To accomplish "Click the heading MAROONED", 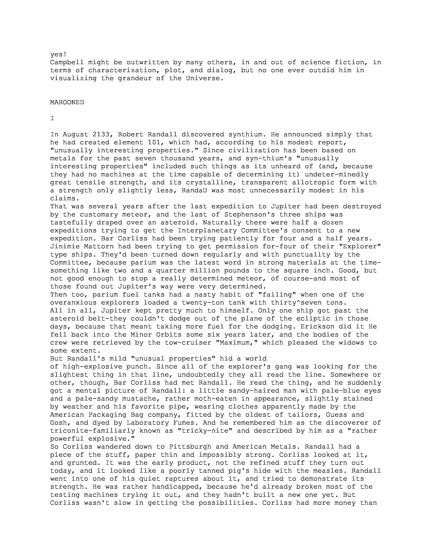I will (x=67, y=102).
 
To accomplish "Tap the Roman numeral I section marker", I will (x=52, y=118).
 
